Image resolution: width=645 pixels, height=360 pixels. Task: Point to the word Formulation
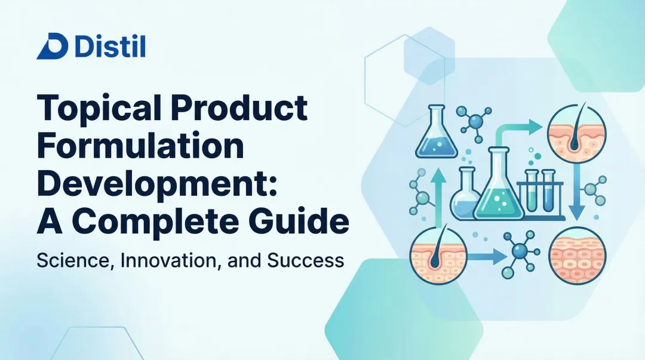tap(141, 146)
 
